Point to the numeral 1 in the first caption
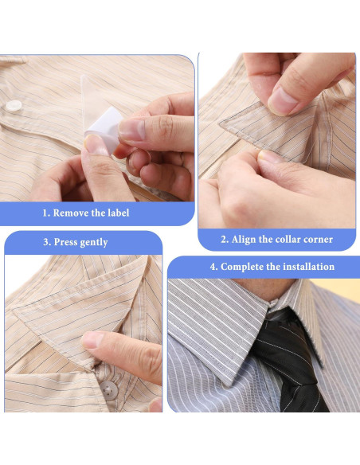pos(45,213)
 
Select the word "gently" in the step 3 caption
pos(101,242)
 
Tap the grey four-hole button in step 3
pos(108,390)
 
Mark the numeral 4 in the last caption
pos(213,267)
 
